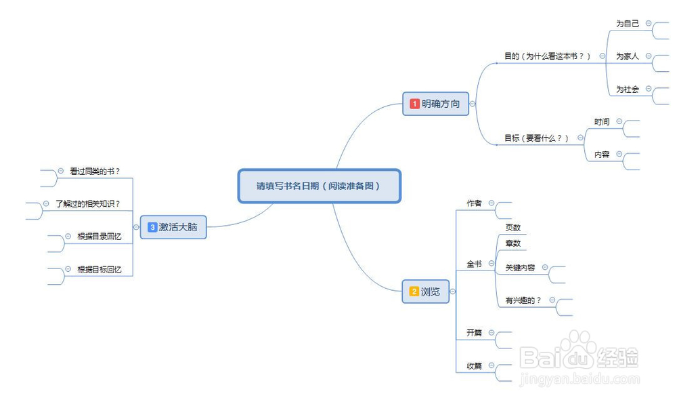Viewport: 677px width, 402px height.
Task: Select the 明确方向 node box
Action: point(435,104)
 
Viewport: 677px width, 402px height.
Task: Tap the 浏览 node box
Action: point(425,292)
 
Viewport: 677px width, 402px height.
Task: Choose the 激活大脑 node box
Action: point(173,227)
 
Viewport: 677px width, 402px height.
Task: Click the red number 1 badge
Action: point(415,104)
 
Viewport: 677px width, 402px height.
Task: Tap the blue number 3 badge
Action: point(152,227)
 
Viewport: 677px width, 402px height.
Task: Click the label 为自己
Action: point(627,23)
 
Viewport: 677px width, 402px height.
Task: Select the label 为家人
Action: point(627,56)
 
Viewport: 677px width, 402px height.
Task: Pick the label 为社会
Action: point(627,89)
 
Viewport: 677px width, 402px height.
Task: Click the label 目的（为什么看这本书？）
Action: point(548,56)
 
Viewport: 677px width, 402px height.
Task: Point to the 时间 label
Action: point(602,122)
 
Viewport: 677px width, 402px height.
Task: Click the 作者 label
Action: point(474,203)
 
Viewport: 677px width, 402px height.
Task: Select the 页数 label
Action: point(513,228)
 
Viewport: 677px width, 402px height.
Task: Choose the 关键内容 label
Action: point(520,268)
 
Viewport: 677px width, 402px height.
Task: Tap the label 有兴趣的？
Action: point(523,300)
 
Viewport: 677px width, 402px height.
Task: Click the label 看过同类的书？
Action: point(94,172)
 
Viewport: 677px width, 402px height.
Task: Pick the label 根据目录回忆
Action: point(99,237)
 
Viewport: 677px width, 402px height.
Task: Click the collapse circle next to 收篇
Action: point(492,365)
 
